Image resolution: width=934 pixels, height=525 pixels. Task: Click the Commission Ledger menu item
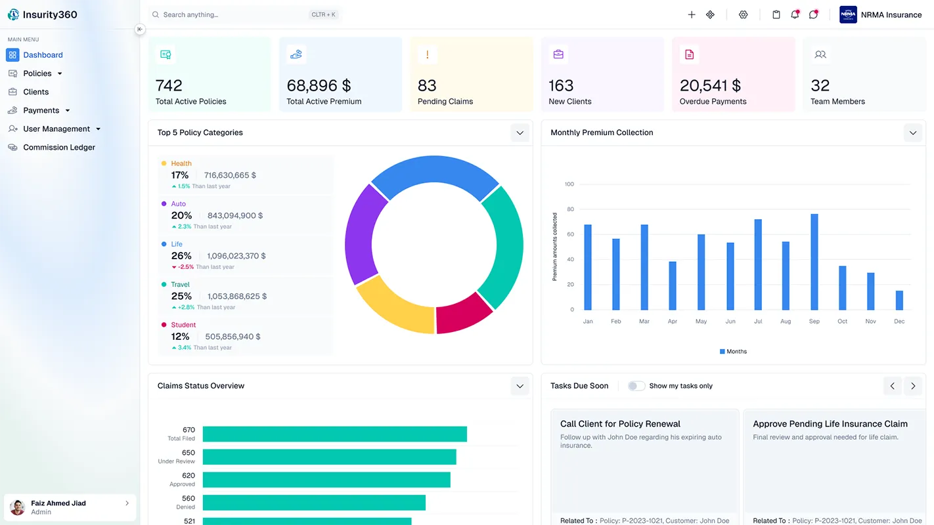(x=59, y=148)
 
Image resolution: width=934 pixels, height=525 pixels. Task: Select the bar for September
(x=814, y=262)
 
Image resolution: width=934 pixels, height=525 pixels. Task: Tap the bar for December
(x=899, y=301)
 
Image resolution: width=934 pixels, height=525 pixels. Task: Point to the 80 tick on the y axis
(x=570, y=209)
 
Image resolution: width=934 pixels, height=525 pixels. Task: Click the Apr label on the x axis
(x=673, y=322)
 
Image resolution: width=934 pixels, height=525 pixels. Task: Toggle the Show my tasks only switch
(x=636, y=386)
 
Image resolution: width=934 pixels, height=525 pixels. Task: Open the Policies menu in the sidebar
(x=37, y=73)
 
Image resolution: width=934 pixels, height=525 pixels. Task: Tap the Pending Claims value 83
(x=427, y=86)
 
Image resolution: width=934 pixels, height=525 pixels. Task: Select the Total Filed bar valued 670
(x=334, y=434)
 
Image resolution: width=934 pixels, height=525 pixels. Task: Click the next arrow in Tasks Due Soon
(x=913, y=386)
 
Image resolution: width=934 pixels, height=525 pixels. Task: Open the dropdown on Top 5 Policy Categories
(x=520, y=133)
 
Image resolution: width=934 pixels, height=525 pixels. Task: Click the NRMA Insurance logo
(x=848, y=14)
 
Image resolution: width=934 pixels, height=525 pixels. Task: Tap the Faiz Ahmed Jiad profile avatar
(x=18, y=507)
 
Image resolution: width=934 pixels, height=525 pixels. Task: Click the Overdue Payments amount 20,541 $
(x=710, y=86)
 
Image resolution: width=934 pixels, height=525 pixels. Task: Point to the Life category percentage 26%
(x=181, y=256)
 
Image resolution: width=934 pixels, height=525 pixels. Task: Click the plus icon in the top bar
(x=692, y=14)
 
